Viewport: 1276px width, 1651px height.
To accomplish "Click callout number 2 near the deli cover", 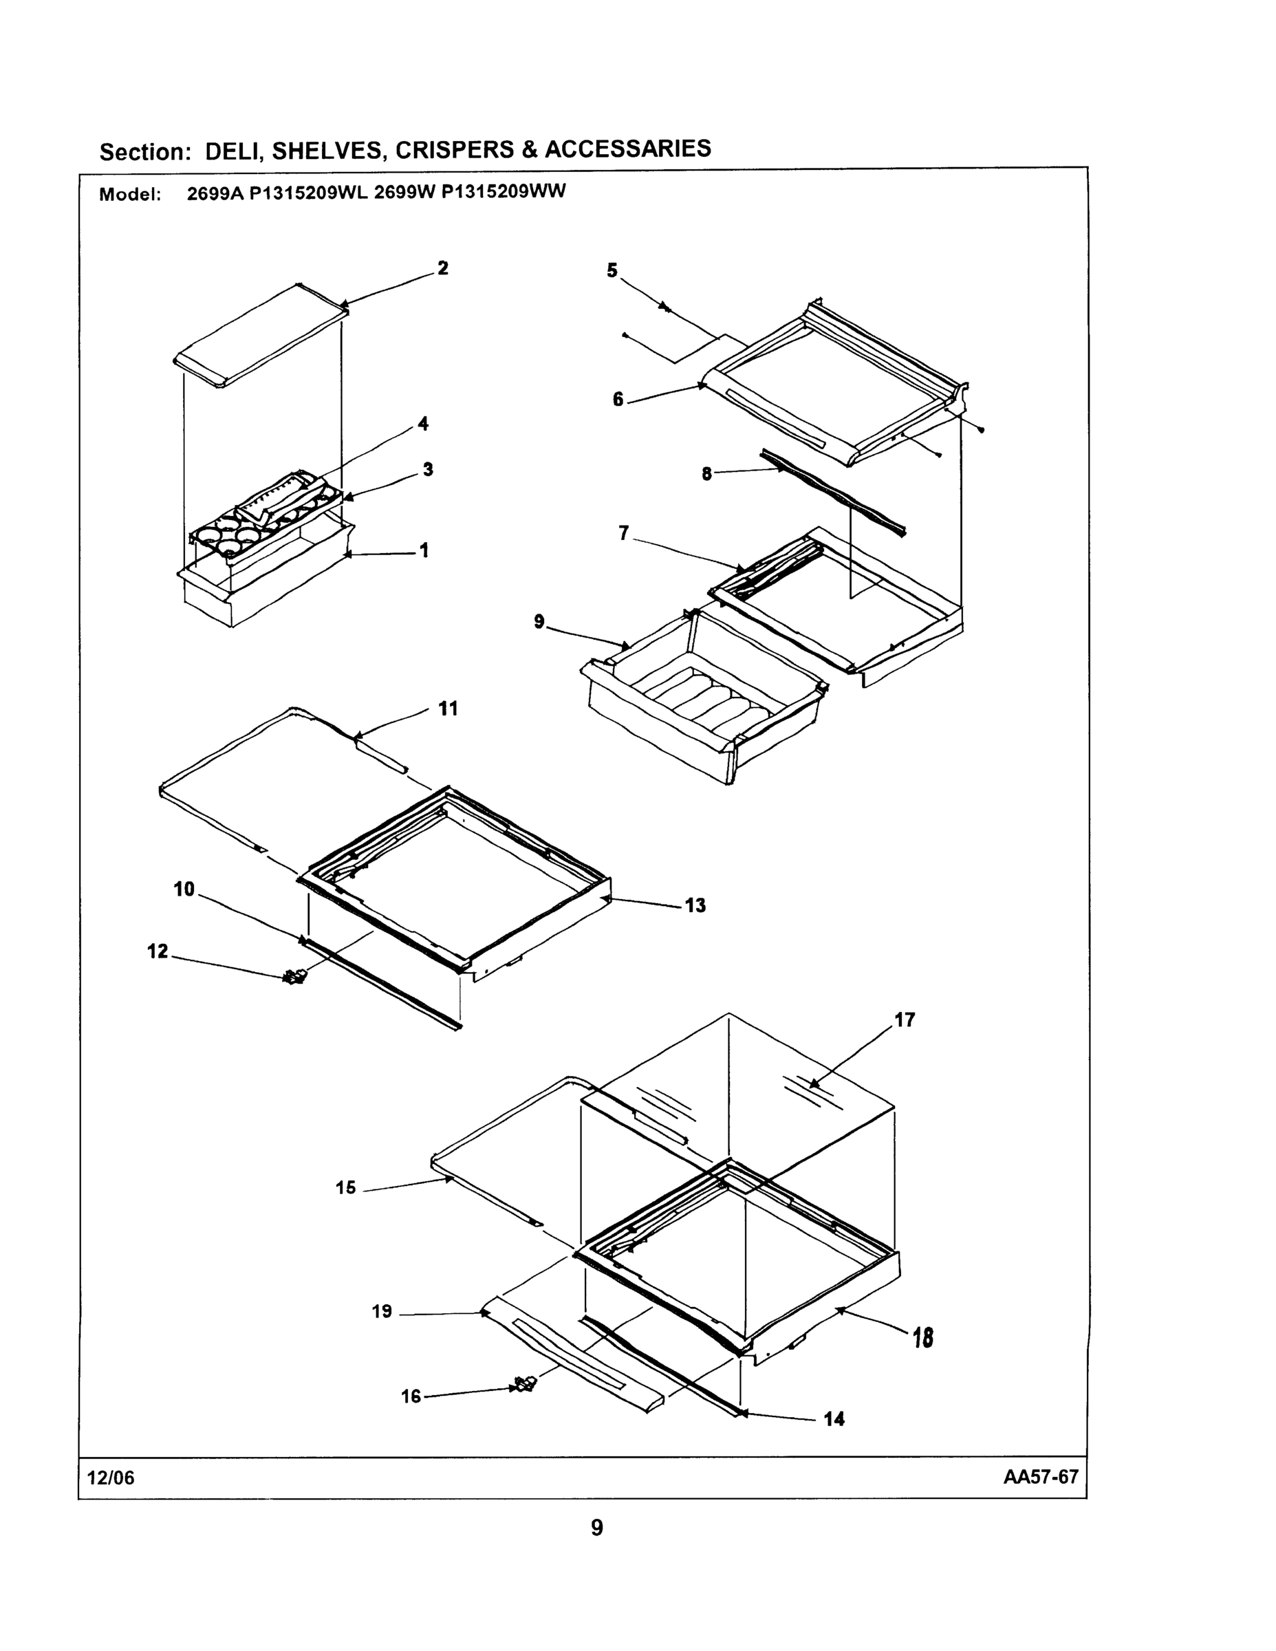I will pos(442,268).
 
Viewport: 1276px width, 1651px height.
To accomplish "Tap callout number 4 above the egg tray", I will pos(422,423).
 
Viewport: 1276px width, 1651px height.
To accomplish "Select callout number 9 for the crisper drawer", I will pos(538,621).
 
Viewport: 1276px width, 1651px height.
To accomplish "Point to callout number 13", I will pos(695,905).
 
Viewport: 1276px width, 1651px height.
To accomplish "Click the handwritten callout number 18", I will pos(922,1339).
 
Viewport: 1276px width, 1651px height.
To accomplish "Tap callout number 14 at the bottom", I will pos(834,1419).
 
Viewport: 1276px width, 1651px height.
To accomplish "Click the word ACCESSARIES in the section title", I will pos(627,148).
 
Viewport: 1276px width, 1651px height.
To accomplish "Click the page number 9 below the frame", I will pos(596,1528).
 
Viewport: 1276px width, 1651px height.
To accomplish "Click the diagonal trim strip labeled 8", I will pos(832,492).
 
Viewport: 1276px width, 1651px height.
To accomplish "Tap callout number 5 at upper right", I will pos(612,270).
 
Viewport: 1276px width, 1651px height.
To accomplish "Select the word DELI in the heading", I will pos(233,151).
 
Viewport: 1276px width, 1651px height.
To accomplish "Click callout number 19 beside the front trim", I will pos(382,1312).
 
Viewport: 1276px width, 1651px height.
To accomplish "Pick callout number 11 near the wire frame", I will pos(448,709).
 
